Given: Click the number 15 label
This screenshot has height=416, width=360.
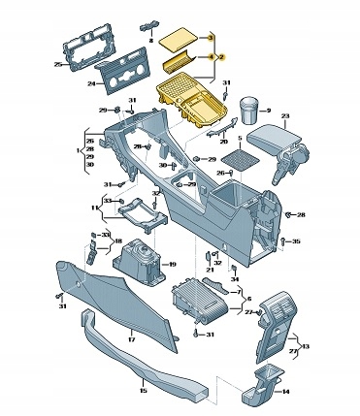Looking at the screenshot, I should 143,391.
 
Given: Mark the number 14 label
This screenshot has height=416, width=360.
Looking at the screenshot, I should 284,392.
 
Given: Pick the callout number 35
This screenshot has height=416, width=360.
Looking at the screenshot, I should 296,241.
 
